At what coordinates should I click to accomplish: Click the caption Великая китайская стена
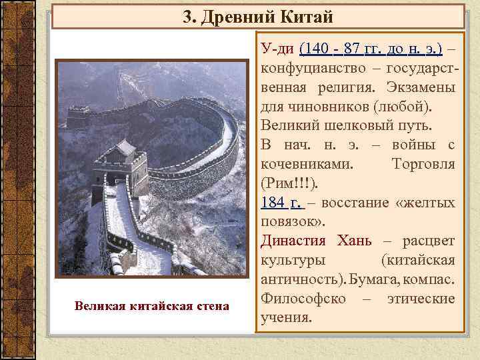coord(151,306)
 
